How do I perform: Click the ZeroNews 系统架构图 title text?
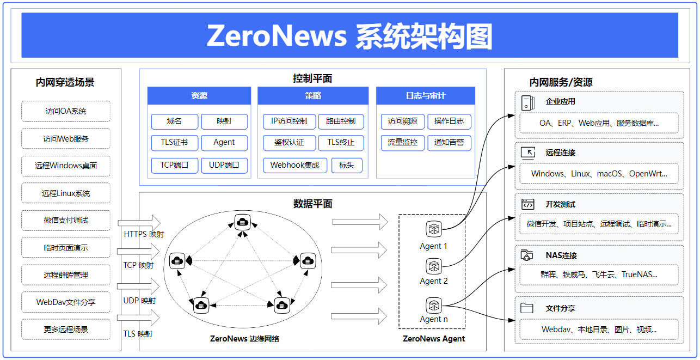(349, 36)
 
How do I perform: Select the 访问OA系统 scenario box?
(66, 111)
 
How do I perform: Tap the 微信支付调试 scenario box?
(66, 220)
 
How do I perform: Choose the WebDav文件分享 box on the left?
(66, 302)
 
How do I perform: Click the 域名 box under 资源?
(174, 121)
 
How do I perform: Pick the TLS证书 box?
(174, 143)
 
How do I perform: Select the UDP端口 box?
(224, 165)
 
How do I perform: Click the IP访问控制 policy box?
(289, 121)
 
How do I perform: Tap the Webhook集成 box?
(295, 165)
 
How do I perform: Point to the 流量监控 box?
(402, 143)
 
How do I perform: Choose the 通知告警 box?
(449, 143)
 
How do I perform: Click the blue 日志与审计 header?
(425, 96)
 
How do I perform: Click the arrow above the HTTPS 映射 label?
(139, 223)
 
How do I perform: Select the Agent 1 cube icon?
(434, 229)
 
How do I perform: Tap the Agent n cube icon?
(434, 305)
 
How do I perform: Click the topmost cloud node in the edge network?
(242, 221)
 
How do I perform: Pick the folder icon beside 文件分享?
(526, 308)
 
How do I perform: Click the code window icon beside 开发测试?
(527, 204)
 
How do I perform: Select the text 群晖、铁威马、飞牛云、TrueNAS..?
(599, 275)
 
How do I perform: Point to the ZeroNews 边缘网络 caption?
(244, 339)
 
